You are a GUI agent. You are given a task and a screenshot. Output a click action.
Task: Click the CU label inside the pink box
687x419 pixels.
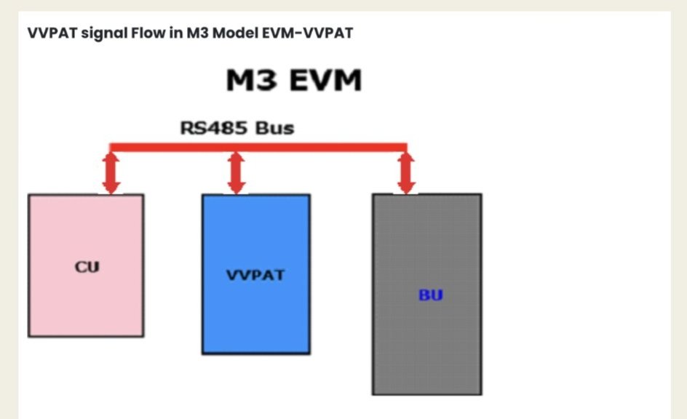pos(87,266)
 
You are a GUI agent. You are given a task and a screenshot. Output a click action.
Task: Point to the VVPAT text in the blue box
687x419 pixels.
pos(255,276)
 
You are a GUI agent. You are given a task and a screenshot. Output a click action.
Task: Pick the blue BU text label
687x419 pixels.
pos(430,295)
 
